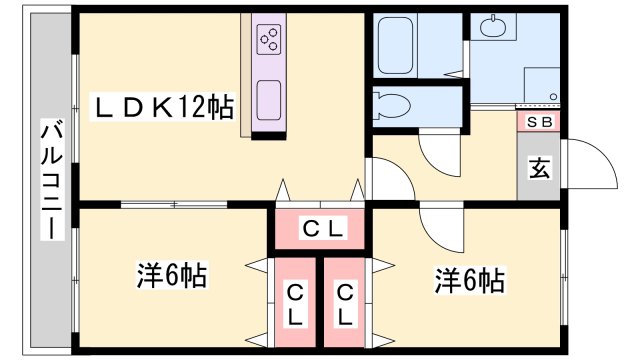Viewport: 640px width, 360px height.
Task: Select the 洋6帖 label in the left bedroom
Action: tap(171, 275)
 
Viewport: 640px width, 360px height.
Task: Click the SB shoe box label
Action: tap(539, 122)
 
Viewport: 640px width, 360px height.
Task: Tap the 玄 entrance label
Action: tap(538, 169)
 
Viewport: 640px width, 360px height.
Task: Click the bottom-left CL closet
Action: tap(295, 304)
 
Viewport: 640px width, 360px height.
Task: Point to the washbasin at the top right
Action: tap(493, 28)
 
